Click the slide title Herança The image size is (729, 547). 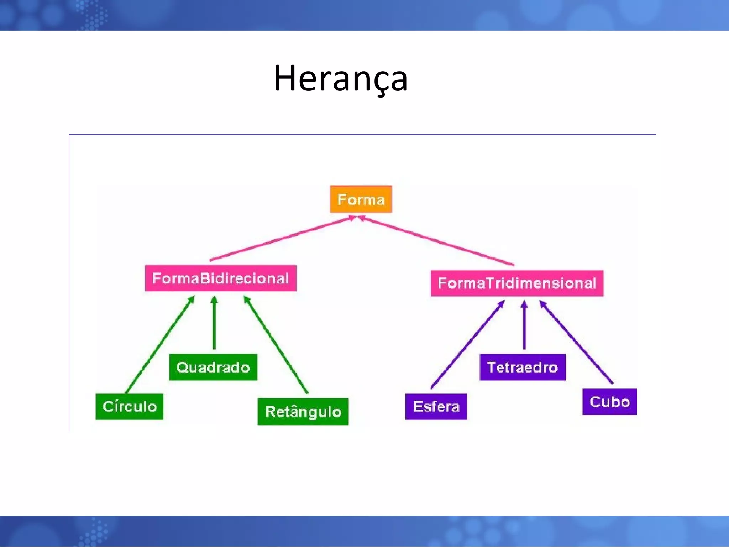pyautogui.click(x=340, y=78)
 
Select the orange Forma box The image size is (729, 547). pyautogui.click(x=361, y=199)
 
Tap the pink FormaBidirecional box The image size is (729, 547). pyautogui.click(x=220, y=278)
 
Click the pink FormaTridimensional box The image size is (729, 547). pyautogui.click(x=517, y=283)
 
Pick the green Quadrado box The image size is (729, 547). pyautogui.click(x=213, y=367)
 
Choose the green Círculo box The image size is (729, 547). pyautogui.click(x=129, y=406)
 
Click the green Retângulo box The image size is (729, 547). pyautogui.click(x=303, y=412)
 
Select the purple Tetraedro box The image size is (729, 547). pyautogui.click(x=522, y=367)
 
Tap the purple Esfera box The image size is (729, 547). pyautogui.click(x=436, y=406)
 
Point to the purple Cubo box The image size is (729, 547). pyautogui.click(x=609, y=402)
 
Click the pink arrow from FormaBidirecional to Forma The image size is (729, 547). pyautogui.click(x=281, y=238)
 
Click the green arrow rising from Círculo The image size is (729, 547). pyautogui.click(x=160, y=344)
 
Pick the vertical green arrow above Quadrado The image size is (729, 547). pyautogui.click(x=214, y=324)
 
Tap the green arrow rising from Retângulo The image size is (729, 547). pyautogui.click(x=276, y=344)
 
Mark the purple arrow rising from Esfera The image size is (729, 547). pyautogui.click(x=467, y=344)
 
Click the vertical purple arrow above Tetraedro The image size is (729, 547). pyautogui.click(x=524, y=326)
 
